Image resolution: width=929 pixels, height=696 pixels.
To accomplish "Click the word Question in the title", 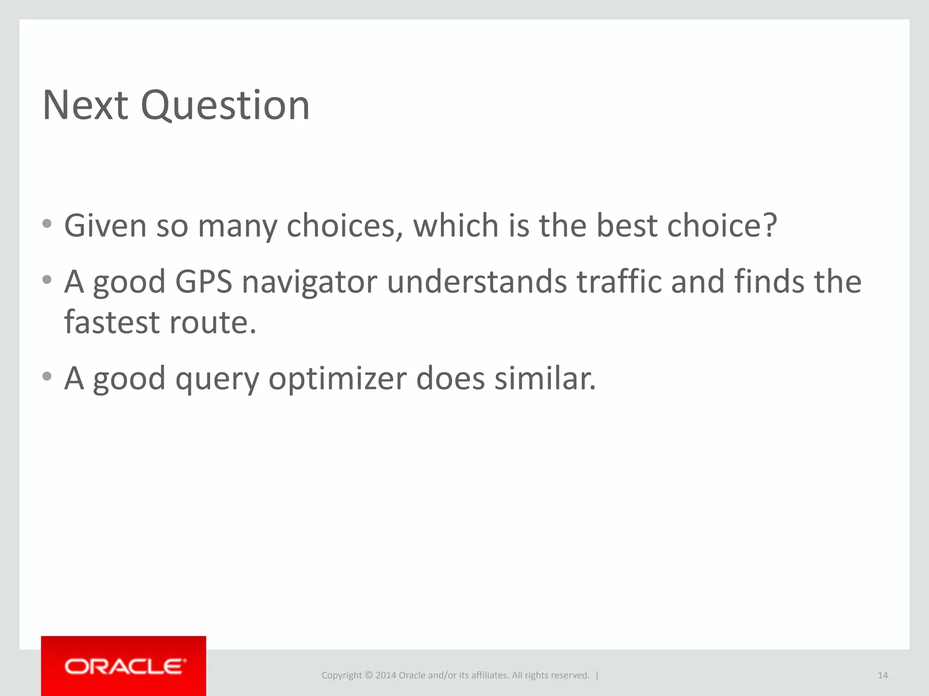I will coord(225,106).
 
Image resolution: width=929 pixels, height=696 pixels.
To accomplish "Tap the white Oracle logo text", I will coord(125,667).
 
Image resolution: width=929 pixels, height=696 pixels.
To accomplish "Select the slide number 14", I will coord(882,675).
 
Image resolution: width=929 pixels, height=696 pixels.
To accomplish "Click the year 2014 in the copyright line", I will coord(386,675).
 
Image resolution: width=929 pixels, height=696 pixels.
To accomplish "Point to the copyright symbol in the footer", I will coord(368,675).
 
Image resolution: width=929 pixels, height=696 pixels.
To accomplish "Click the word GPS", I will coord(203,282).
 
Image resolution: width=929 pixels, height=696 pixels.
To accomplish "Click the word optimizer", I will coord(337,379).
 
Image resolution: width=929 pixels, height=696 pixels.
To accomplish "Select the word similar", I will coord(545,378).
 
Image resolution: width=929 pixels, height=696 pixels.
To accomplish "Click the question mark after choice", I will coord(769,225).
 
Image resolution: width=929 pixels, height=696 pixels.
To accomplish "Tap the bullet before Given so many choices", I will coord(47,223).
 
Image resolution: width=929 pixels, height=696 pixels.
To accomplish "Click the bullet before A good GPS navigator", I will coord(47,280).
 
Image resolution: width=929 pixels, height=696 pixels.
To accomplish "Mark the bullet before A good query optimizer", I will coord(47,376).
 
